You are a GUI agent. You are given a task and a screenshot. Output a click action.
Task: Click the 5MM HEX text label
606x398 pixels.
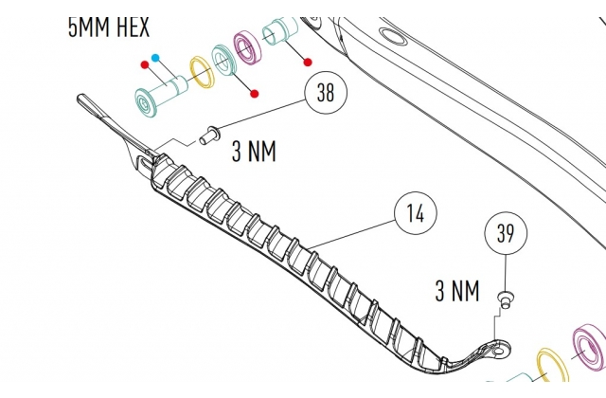click(109, 27)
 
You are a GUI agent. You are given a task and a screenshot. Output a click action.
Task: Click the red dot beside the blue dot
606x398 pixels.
click(145, 64)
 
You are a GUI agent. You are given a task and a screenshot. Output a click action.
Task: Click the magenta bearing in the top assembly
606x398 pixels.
click(248, 49)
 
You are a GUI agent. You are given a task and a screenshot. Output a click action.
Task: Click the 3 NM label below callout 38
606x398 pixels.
click(254, 151)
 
